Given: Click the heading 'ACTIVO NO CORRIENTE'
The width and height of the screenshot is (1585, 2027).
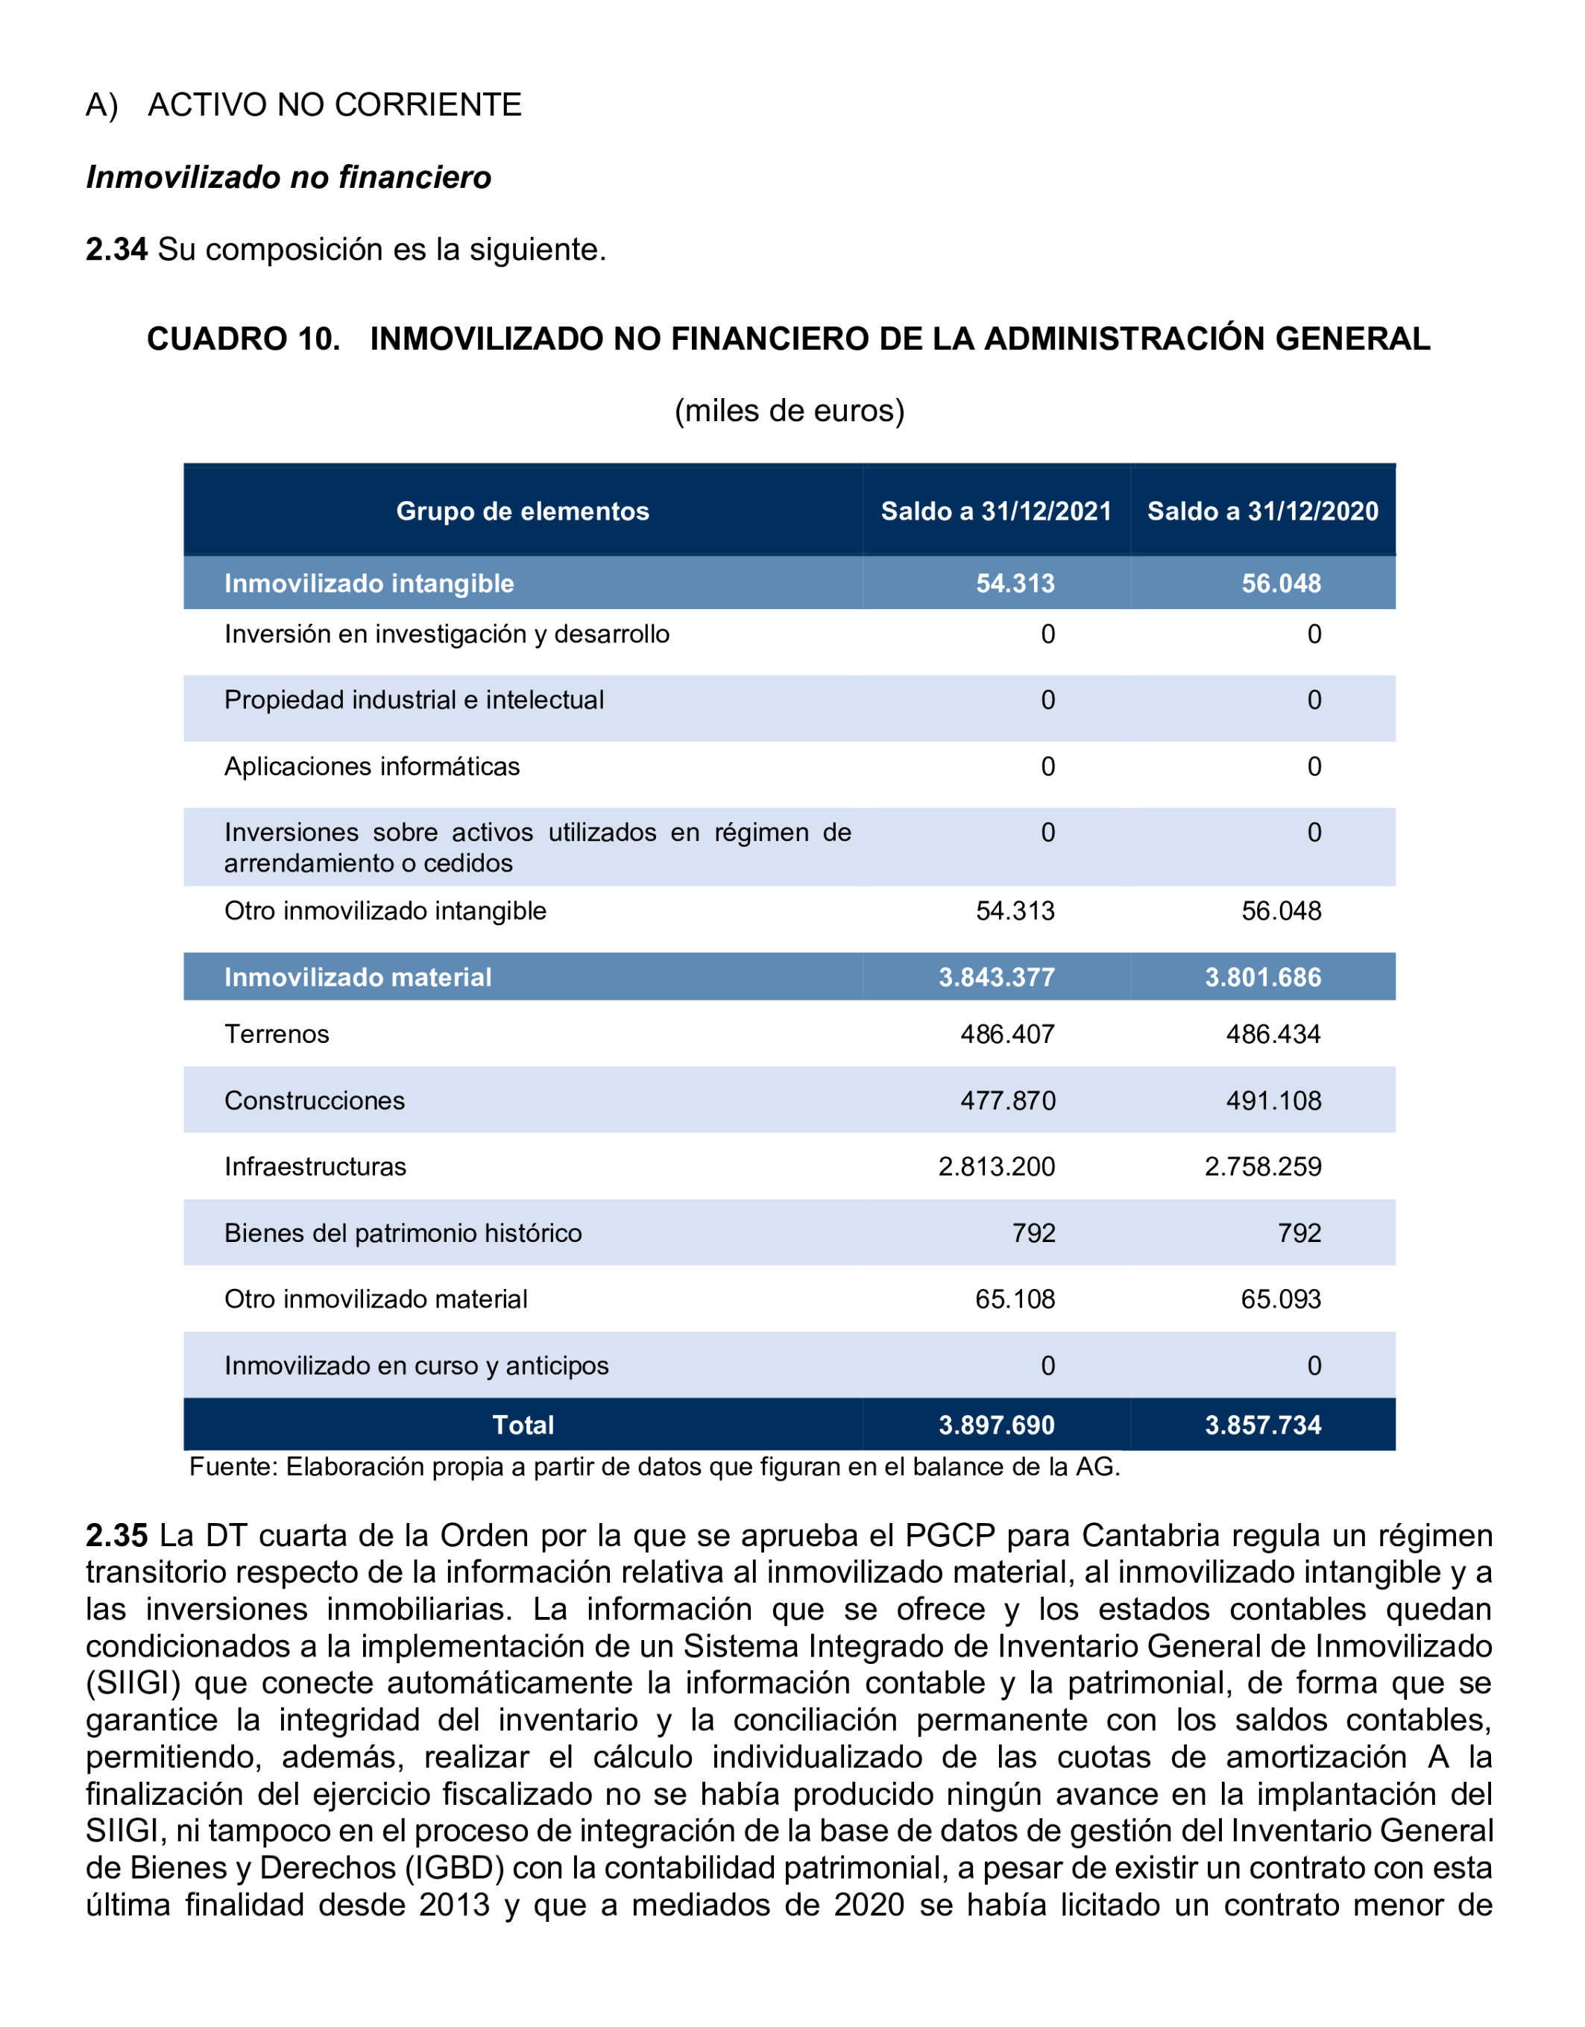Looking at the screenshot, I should point(334,105).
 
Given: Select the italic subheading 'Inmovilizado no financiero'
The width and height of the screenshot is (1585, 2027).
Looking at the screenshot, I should point(289,177).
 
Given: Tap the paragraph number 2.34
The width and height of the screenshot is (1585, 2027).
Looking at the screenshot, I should point(116,250).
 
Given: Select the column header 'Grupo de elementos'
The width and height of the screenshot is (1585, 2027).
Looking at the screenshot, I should point(523,511).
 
